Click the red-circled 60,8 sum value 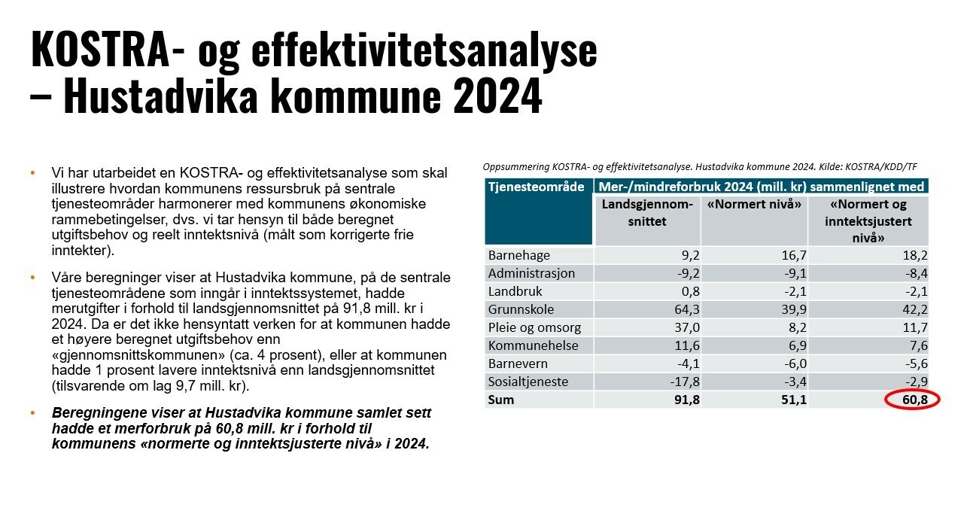(x=913, y=400)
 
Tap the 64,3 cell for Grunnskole (x=684, y=309)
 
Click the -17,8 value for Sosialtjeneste (x=682, y=382)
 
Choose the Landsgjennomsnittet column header (x=646, y=213)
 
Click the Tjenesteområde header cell (x=537, y=187)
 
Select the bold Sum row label (x=501, y=400)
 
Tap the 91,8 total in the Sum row (x=684, y=400)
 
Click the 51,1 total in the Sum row (x=792, y=400)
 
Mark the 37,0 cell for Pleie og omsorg (x=684, y=327)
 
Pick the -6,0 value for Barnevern (x=791, y=363)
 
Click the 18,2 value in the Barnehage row (x=913, y=255)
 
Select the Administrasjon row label (x=531, y=273)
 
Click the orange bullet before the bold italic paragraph (x=32, y=414)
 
